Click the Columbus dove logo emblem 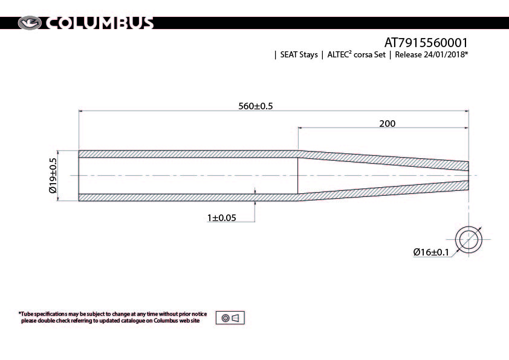tap(30, 23)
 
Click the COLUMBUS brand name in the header tap(99, 23)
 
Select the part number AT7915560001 tap(426, 42)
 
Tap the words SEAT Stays tap(299, 54)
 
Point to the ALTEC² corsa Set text tap(356, 54)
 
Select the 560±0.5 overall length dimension tap(256, 106)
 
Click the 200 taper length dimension tap(387, 124)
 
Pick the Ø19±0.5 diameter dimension tap(53, 175)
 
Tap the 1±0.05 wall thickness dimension tap(222, 217)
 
